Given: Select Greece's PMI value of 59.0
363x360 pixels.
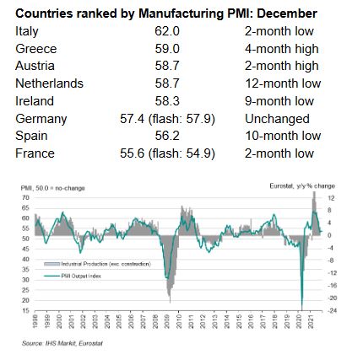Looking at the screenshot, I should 165,49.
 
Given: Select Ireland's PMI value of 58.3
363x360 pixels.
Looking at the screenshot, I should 165,101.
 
